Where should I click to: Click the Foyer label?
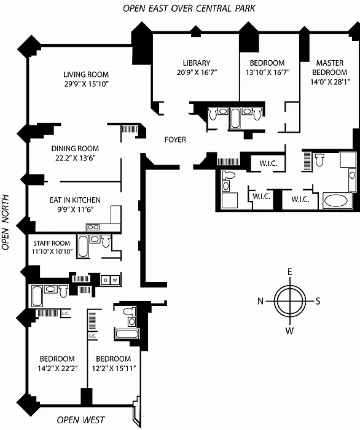[175, 140]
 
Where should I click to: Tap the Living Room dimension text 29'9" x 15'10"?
[87, 84]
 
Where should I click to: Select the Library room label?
[197, 63]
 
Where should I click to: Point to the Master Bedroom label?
[329, 68]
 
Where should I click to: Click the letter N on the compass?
[260, 301]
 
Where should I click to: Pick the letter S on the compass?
[318, 301]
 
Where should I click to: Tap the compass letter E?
[289, 272]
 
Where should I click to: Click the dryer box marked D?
[105, 280]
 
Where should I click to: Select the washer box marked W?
[115, 280]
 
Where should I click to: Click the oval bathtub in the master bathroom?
[337, 201]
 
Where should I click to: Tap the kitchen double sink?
[93, 227]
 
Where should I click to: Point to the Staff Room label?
[52, 243]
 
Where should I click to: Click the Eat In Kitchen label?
[75, 200]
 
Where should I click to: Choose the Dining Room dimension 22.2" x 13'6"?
[76, 158]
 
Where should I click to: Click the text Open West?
[81, 420]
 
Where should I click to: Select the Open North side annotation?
[6, 222]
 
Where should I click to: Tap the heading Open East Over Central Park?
[189, 9]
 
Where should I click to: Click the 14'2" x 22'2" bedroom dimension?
[58, 369]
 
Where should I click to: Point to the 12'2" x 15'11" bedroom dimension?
[114, 369]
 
